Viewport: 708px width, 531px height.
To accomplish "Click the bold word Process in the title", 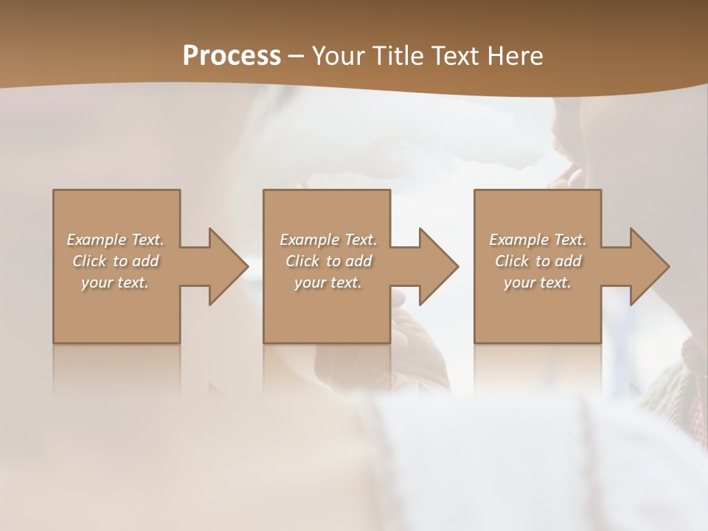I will click(x=232, y=56).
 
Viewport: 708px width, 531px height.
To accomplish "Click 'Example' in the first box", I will click(x=96, y=240).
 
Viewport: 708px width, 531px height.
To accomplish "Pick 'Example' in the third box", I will click(x=518, y=240).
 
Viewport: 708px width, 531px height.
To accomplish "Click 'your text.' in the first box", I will click(x=115, y=282).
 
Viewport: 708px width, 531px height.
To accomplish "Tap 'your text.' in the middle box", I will click(x=327, y=282).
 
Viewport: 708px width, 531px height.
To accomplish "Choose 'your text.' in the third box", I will click(x=537, y=282).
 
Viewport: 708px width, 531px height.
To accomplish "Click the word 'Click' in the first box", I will click(x=88, y=261).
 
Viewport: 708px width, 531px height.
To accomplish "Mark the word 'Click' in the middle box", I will click(x=302, y=261).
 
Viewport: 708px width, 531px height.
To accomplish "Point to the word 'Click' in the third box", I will click(x=511, y=261).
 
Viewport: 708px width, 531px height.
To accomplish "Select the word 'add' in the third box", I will click(x=569, y=261).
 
